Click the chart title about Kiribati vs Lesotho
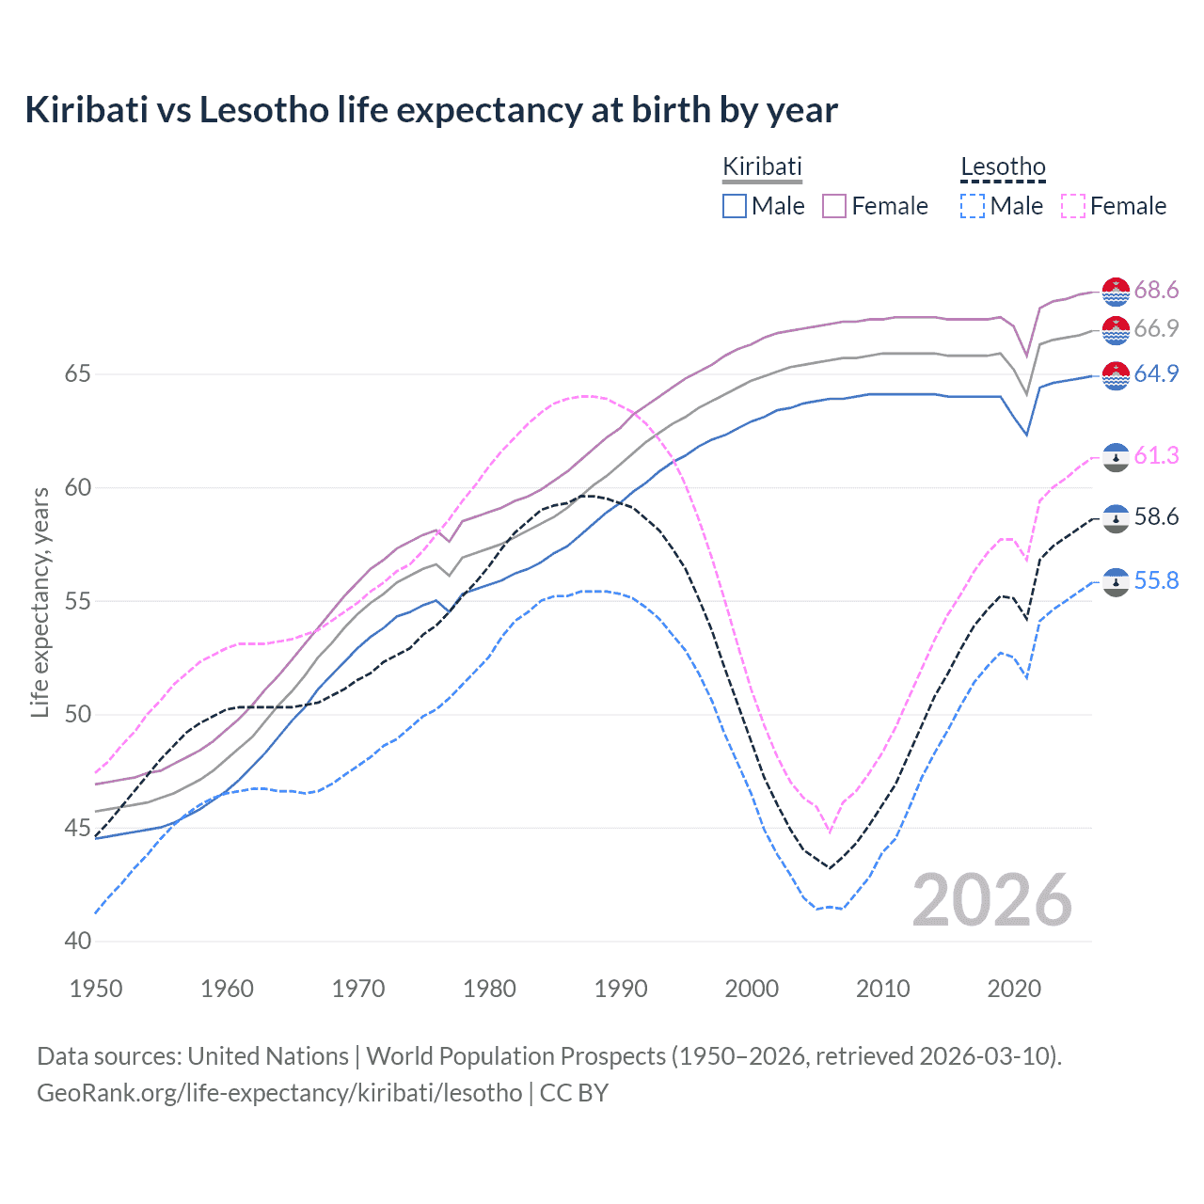(x=431, y=110)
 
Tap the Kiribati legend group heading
(x=762, y=166)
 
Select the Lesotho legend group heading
(x=1003, y=167)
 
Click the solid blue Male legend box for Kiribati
(x=735, y=206)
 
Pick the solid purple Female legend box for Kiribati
(x=834, y=206)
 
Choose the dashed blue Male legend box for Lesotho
(x=973, y=206)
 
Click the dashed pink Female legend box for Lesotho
(x=1072, y=206)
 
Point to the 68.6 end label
(x=1156, y=291)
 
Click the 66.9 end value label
(x=1156, y=329)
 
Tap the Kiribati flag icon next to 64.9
(x=1116, y=374)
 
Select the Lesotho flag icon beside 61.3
(x=1116, y=456)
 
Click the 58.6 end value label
(x=1156, y=517)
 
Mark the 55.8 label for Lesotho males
(x=1156, y=581)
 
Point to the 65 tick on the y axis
(x=77, y=374)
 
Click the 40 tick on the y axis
(x=77, y=942)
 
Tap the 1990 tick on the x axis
(x=621, y=989)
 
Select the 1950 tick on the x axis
(x=97, y=989)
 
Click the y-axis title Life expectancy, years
(x=40, y=602)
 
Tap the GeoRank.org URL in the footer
(x=278, y=1093)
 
